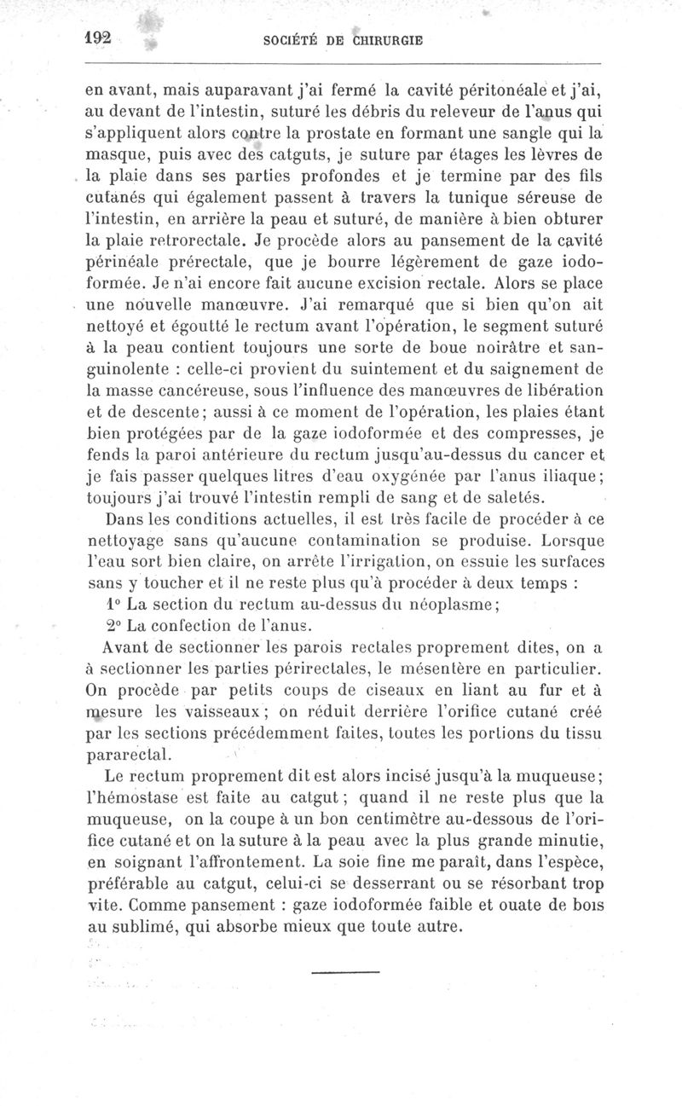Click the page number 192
[101, 39]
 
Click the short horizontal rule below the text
[344, 972]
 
